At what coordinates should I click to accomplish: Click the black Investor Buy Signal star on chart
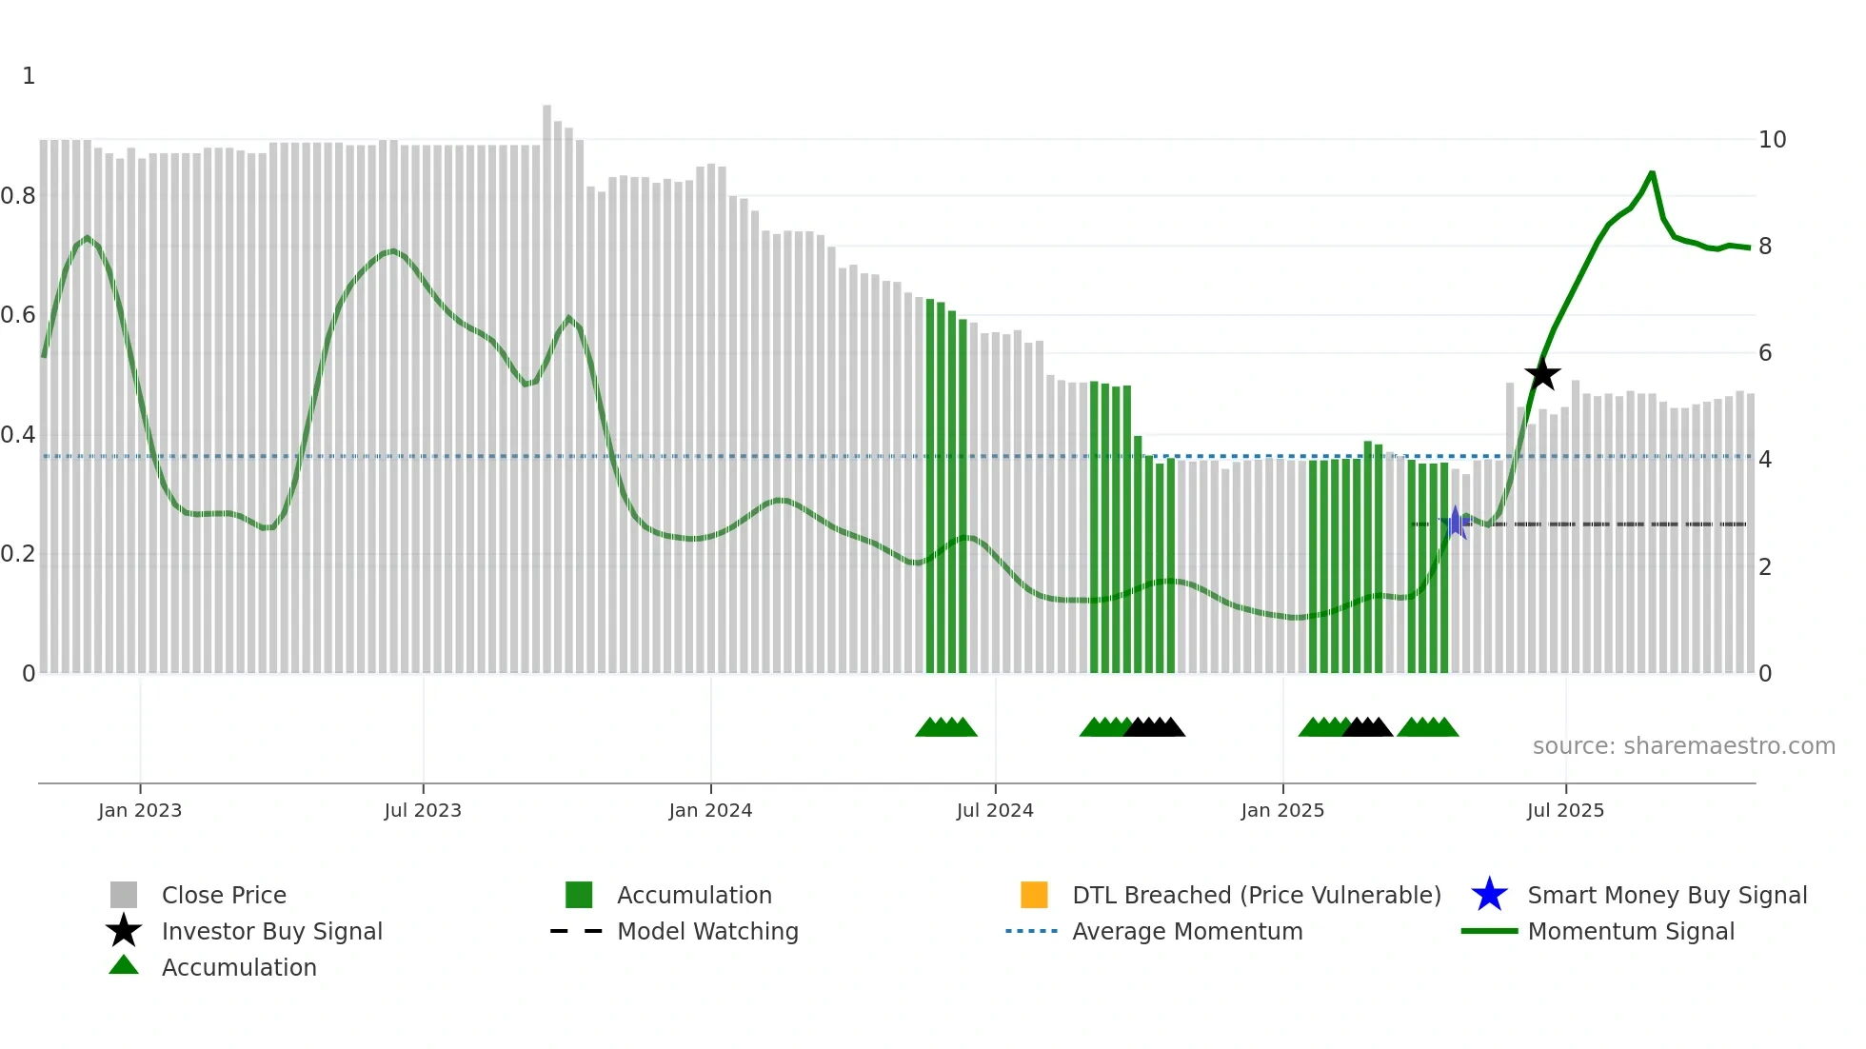click(1542, 374)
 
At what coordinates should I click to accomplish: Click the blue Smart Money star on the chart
click(1455, 523)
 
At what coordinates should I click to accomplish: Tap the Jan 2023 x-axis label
click(140, 810)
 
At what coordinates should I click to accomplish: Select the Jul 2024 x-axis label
click(995, 810)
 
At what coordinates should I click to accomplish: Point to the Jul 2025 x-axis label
click(1565, 810)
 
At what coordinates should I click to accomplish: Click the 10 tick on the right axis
click(1772, 140)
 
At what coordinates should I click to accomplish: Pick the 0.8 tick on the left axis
click(18, 196)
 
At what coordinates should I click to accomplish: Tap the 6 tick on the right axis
click(1765, 353)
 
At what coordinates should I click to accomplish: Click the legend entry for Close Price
click(224, 895)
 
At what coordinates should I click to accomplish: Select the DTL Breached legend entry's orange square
click(1034, 895)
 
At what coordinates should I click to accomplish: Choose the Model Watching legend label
click(707, 931)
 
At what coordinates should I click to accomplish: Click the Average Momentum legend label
click(1187, 931)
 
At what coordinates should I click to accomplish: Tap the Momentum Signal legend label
click(1631, 931)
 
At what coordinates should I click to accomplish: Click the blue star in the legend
click(1489, 895)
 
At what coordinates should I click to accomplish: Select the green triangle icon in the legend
click(124, 965)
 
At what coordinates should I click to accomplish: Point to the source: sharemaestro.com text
click(1683, 746)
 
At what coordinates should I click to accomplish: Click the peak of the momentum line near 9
click(1652, 173)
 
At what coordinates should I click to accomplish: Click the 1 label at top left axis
click(29, 76)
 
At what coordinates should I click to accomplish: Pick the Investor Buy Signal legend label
click(271, 931)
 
